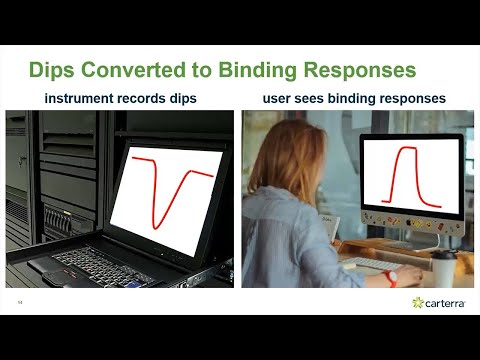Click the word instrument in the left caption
tap(83, 98)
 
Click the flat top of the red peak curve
tap(407, 150)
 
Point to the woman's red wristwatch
tap(392, 277)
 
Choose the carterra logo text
tap(447, 302)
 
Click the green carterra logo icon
tap(418, 302)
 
